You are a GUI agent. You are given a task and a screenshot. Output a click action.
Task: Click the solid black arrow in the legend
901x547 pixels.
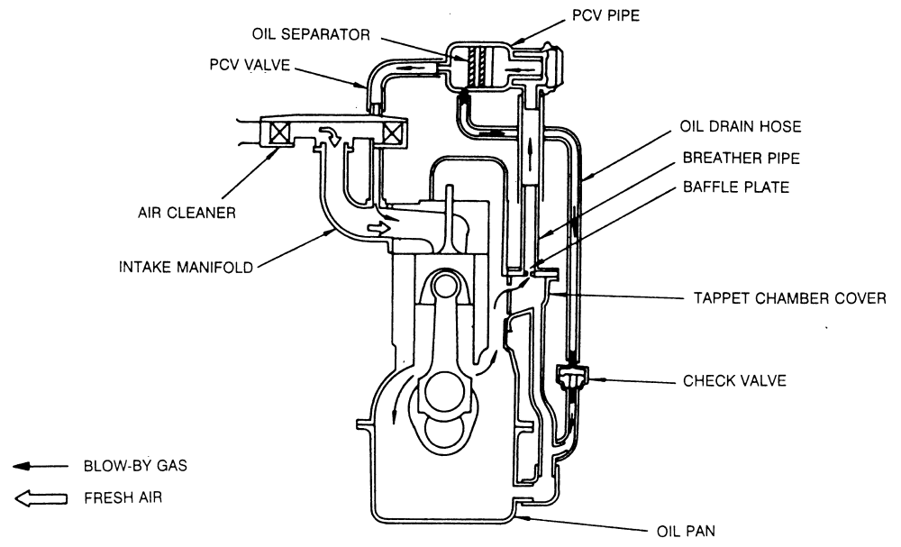click(41, 467)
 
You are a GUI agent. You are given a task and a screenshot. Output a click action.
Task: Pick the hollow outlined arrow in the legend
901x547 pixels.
click(41, 497)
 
